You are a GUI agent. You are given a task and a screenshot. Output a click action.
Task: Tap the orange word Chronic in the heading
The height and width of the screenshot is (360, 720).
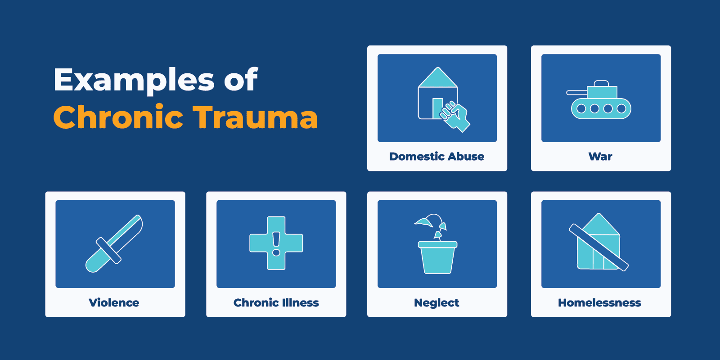click(x=118, y=117)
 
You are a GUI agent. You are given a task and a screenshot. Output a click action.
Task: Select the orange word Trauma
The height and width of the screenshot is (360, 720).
click(x=255, y=117)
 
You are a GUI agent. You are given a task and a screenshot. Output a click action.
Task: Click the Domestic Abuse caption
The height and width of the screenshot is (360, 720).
click(x=436, y=157)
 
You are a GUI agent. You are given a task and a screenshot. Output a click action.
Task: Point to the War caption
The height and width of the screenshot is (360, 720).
click(x=600, y=157)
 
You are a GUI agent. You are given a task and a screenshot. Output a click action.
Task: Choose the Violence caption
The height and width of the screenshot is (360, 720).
click(x=114, y=303)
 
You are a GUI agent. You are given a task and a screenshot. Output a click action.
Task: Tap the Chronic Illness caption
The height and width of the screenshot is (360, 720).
click(x=276, y=303)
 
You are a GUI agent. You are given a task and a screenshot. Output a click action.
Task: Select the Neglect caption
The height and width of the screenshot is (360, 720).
click(x=436, y=303)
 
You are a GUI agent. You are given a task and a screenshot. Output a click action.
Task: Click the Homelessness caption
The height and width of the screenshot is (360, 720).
click(x=599, y=303)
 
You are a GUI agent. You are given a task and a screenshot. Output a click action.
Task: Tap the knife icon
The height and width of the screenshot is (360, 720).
click(x=114, y=243)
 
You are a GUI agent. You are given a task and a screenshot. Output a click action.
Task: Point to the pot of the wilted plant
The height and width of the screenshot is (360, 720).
click(x=437, y=258)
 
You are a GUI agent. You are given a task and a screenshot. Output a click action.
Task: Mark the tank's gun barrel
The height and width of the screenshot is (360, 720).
click(x=577, y=93)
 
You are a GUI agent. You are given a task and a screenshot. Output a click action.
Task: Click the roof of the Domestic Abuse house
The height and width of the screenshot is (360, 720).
click(x=438, y=78)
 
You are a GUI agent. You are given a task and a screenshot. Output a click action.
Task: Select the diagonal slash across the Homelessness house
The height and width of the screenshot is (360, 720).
click(x=598, y=247)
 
